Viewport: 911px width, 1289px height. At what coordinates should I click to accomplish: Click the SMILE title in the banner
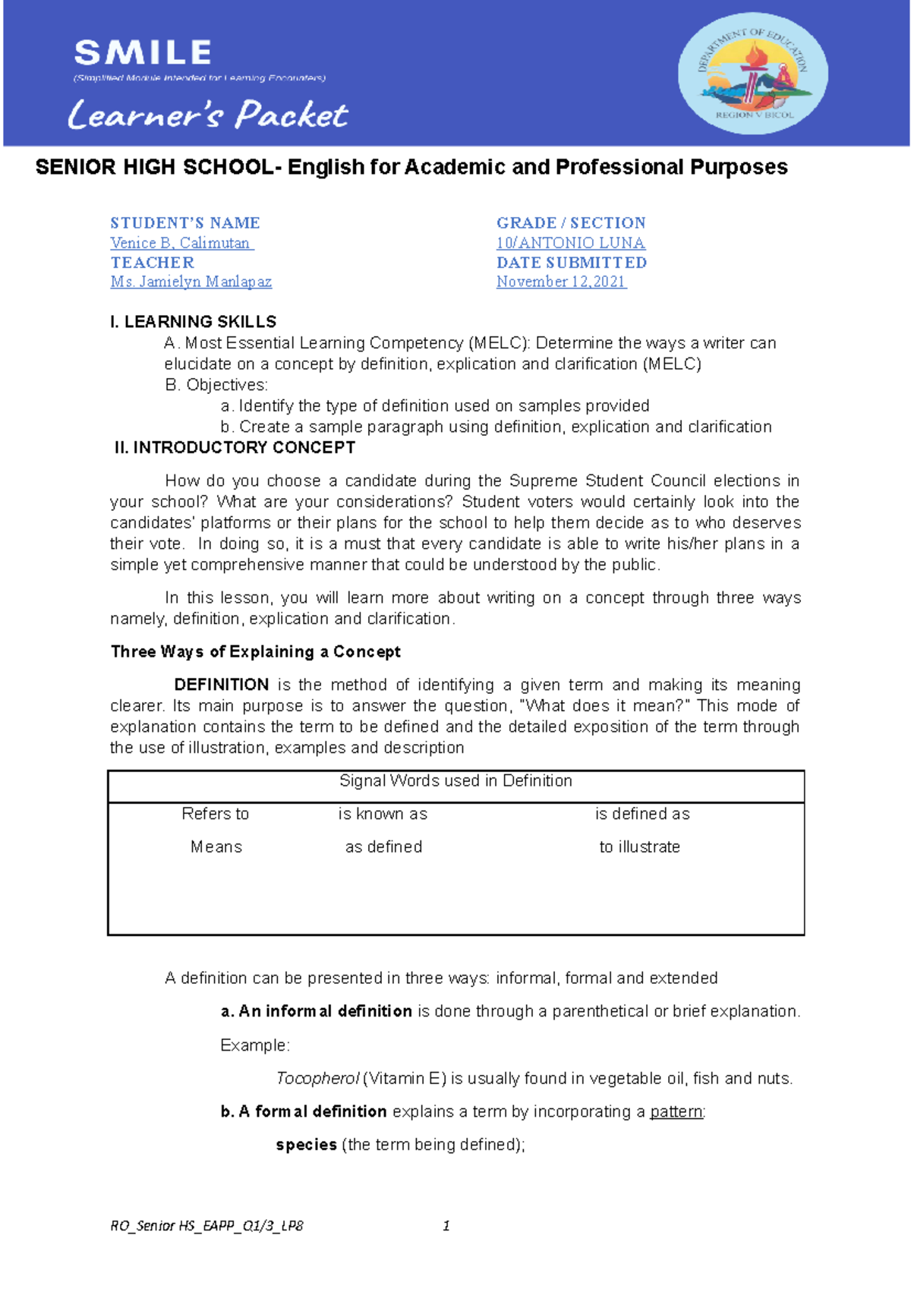pyautogui.click(x=143, y=53)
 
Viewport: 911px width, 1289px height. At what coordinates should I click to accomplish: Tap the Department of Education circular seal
pyautogui.click(x=752, y=74)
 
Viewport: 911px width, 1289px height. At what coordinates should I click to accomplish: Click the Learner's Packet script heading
pyautogui.click(x=207, y=115)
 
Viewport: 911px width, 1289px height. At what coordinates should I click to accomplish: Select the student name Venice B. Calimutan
pyautogui.click(x=181, y=243)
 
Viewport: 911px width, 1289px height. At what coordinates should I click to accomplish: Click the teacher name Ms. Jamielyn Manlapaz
pyautogui.click(x=191, y=282)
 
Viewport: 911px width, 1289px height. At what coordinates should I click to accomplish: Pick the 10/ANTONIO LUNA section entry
pyautogui.click(x=570, y=243)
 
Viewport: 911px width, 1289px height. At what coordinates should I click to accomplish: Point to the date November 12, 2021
pyautogui.click(x=561, y=282)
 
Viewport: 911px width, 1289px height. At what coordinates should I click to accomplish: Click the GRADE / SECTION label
pyautogui.click(x=571, y=223)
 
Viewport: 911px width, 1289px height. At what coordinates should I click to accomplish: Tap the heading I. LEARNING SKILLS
pyautogui.click(x=193, y=322)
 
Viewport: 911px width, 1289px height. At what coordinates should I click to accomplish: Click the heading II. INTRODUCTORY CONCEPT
pyautogui.click(x=235, y=448)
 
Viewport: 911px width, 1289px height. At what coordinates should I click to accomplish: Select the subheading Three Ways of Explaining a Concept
pyautogui.click(x=255, y=652)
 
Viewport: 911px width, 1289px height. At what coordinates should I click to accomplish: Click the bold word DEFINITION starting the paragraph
pyautogui.click(x=221, y=685)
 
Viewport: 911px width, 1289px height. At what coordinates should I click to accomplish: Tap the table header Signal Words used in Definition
pyautogui.click(x=455, y=781)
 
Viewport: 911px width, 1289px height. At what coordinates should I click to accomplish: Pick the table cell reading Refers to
pyautogui.click(x=215, y=814)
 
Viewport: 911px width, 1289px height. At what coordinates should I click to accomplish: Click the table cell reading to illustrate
pyautogui.click(x=639, y=847)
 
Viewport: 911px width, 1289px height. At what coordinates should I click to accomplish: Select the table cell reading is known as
pyautogui.click(x=383, y=814)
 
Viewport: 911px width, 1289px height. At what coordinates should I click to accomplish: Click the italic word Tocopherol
pyautogui.click(x=317, y=1079)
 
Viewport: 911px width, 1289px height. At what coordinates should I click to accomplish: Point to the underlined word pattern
pyautogui.click(x=676, y=1112)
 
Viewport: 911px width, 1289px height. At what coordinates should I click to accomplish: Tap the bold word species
pyautogui.click(x=306, y=1145)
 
